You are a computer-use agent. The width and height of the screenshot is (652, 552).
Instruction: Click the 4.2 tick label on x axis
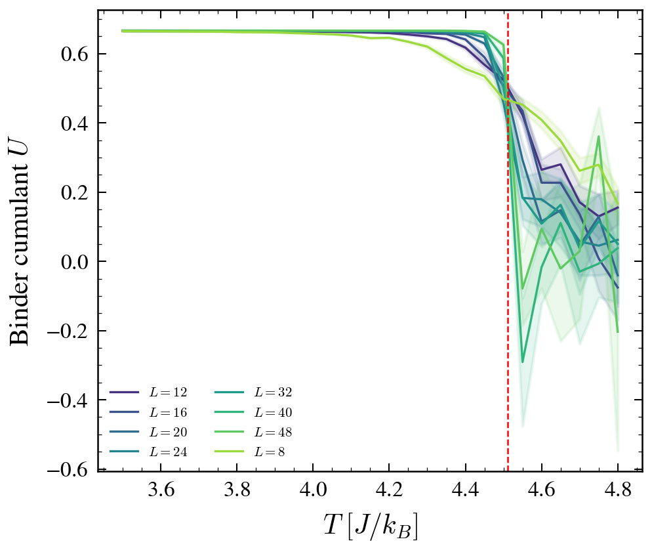pyautogui.click(x=389, y=490)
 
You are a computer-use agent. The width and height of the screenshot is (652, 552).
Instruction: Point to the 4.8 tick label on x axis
pyautogui.click(x=617, y=490)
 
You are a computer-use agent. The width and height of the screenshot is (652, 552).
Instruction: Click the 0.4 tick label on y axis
pyautogui.click(x=75, y=123)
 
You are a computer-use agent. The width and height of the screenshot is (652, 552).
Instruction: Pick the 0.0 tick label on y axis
pyautogui.click(x=75, y=262)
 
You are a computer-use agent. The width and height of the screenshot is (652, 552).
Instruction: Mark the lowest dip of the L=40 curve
pyautogui.click(x=523, y=362)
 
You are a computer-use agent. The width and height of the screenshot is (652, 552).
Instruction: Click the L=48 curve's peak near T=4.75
pyautogui.click(x=599, y=137)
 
